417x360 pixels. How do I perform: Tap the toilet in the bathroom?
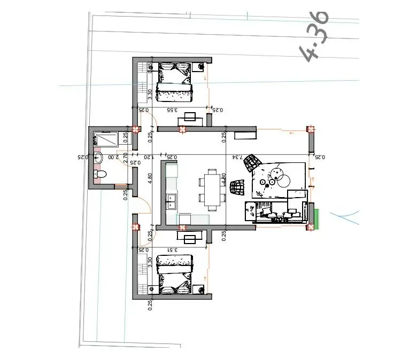click(100, 175)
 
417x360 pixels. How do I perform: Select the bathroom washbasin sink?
click(99, 158)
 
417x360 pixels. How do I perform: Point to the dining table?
click(212, 189)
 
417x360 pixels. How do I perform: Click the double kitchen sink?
click(172, 202)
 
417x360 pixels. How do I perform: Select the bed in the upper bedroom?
click(174, 82)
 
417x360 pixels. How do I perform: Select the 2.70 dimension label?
click(125, 158)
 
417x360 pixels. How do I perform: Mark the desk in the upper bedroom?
click(190, 118)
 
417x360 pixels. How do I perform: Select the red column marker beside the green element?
click(310, 227)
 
